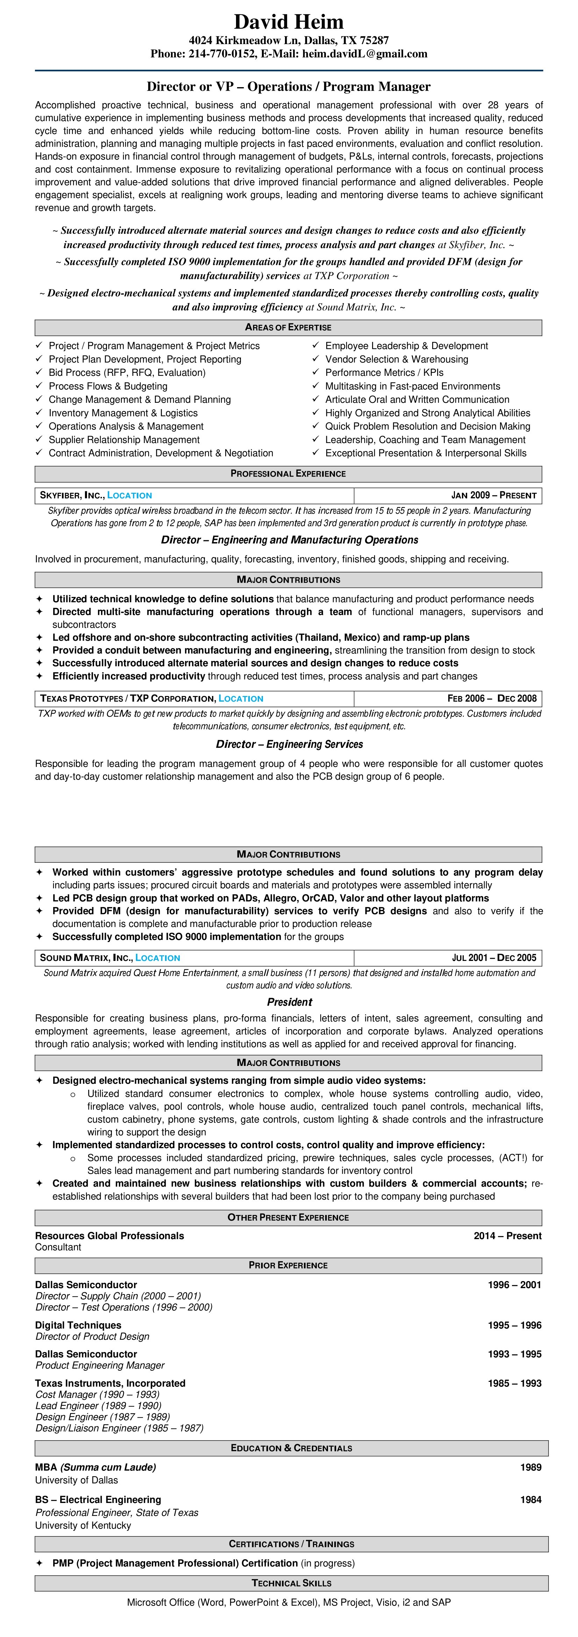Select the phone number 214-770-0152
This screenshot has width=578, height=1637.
[221, 54]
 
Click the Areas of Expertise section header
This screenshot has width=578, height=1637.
[288, 327]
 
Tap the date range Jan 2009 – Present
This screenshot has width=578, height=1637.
[493, 496]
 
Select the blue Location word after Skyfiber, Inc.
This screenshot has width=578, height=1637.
[130, 496]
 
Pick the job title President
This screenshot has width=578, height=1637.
[289, 1002]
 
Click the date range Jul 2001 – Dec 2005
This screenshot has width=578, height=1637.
[493, 958]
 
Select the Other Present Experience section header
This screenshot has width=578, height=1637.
[288, 1217]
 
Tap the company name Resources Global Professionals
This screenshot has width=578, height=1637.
[109, 1236]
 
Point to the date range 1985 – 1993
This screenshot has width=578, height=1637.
[514, 1383]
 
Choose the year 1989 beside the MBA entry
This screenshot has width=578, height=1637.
[530, 1467]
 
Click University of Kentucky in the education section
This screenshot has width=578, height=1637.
[83, 1525]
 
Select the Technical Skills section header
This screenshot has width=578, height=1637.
[292, 1583]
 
